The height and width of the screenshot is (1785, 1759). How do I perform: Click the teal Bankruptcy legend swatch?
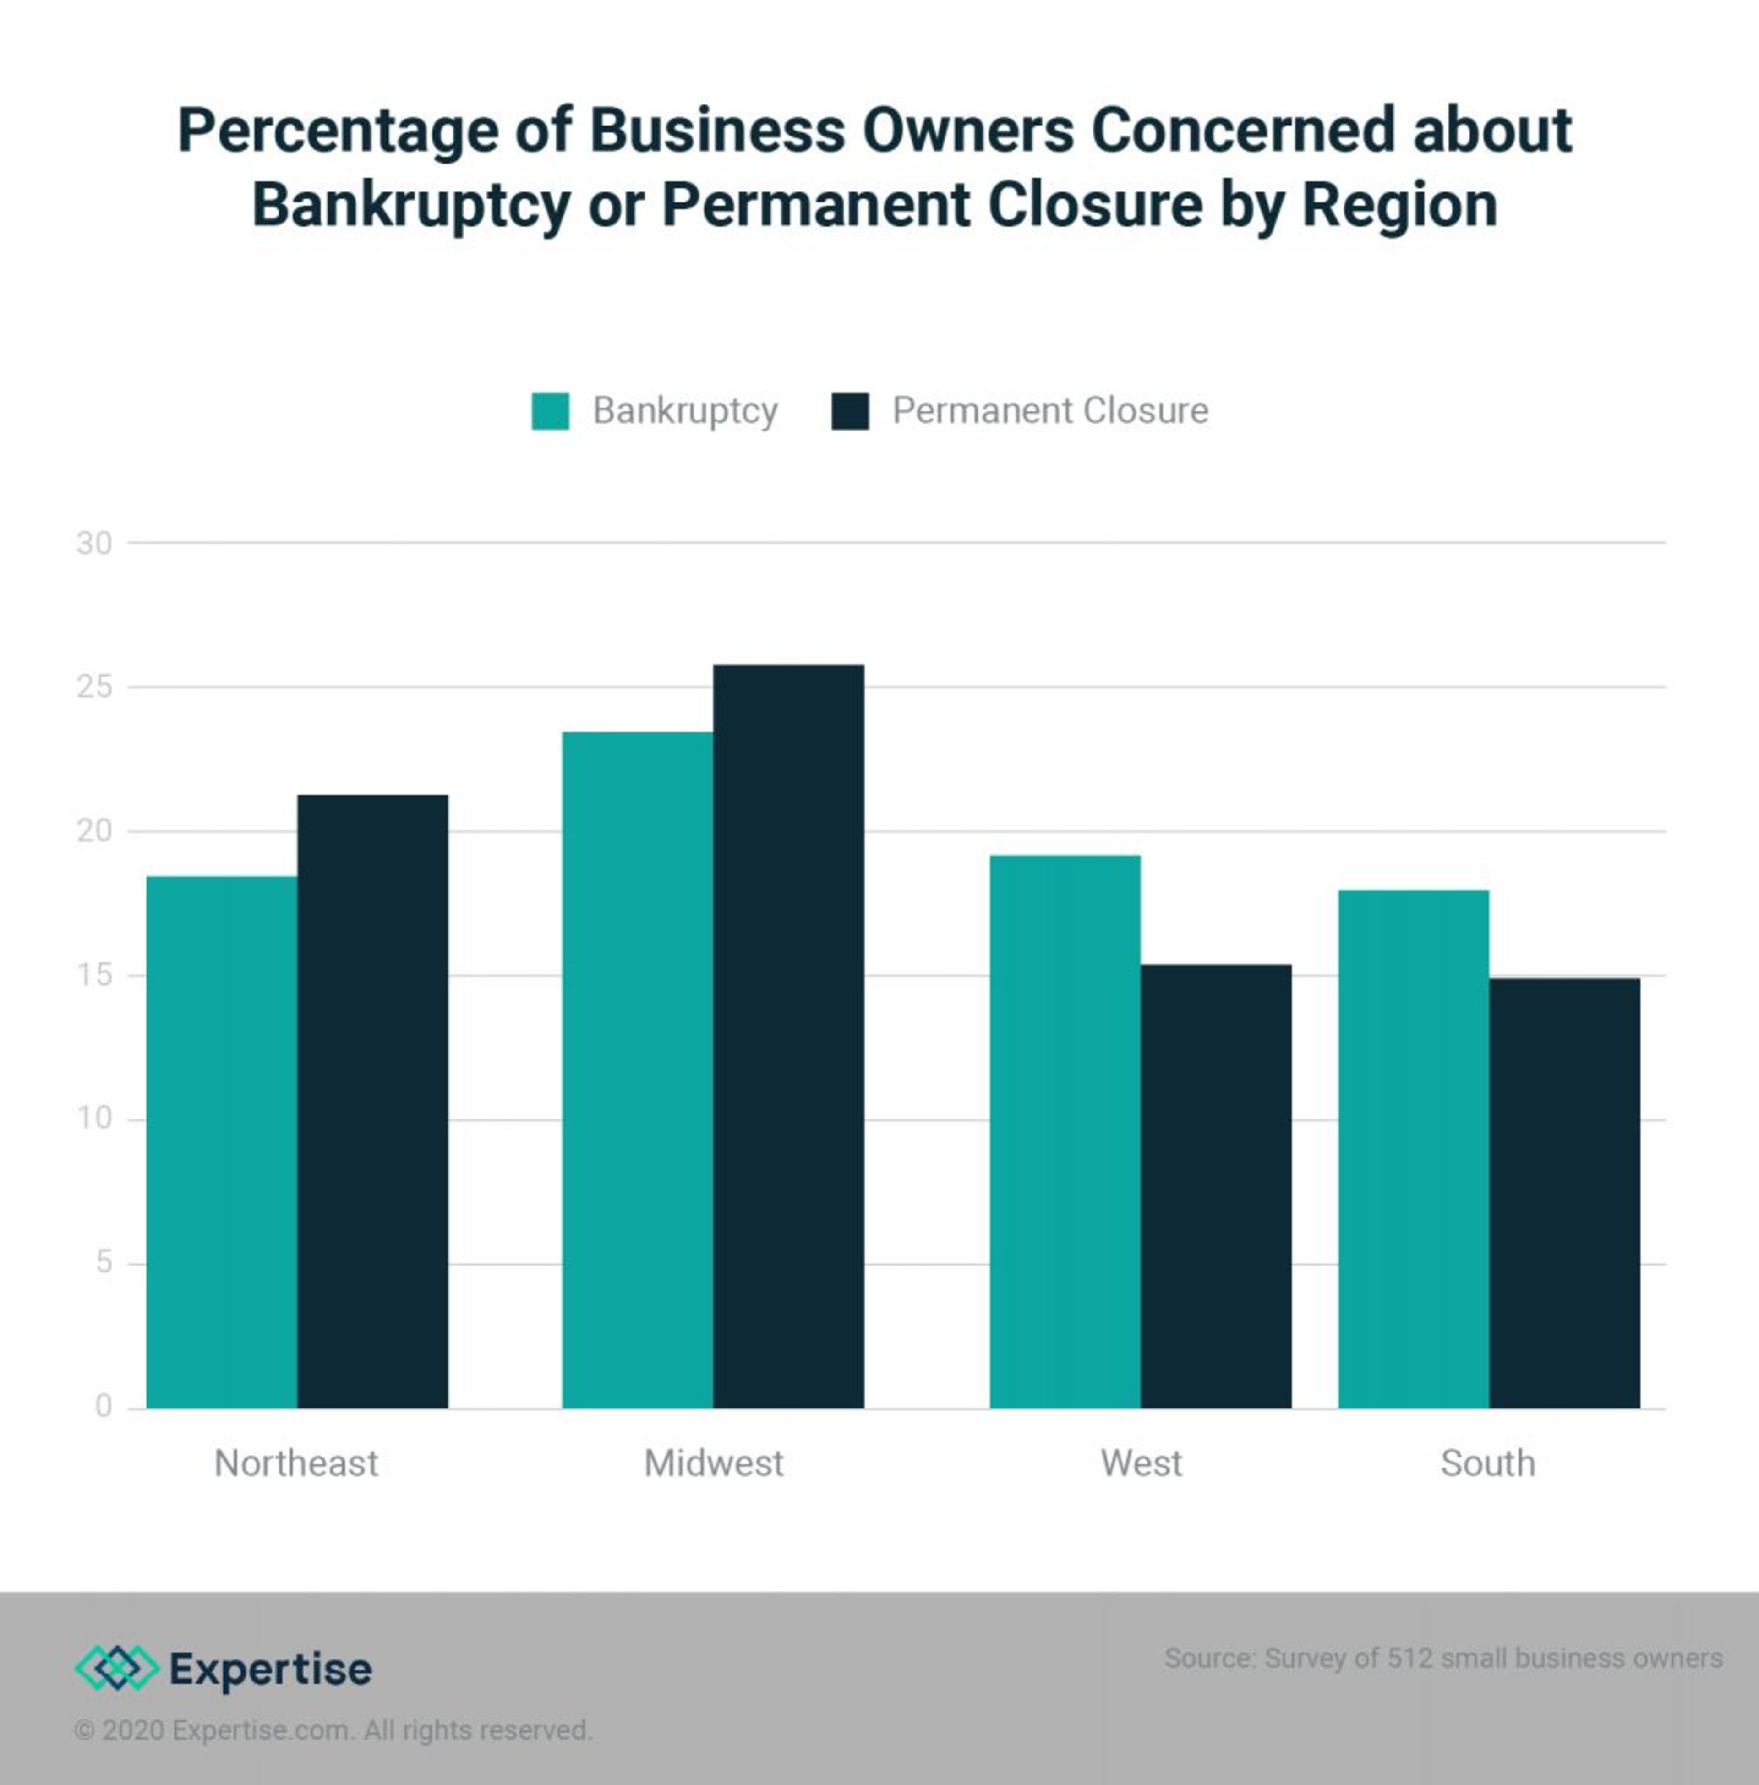pyautogui.click(x=551, y=411)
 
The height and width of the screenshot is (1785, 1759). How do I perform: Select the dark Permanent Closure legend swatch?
pyautogui.click(x=850, y=411)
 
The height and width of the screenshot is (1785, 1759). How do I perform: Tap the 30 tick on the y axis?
pyautogui.click(x=94, y=543)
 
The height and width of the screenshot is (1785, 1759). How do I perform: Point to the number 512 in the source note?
pyautogui.click(x=1410, y=1659)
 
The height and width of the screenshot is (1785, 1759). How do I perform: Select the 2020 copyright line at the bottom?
pyautogui.click(x=333, y=1730)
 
